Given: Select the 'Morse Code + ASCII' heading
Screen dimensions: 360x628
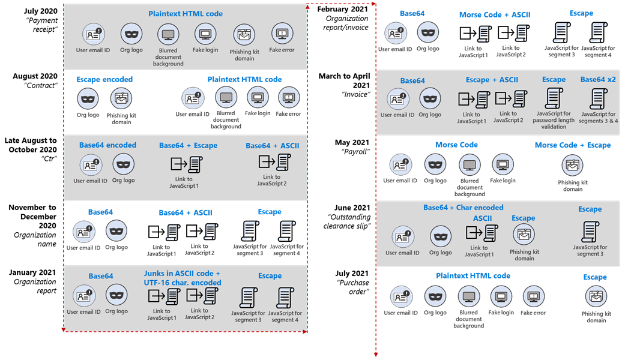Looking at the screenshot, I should pos(494,15).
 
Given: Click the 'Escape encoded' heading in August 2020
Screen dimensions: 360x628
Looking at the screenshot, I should pos(104,79).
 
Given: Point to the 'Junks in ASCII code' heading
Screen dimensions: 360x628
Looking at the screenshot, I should pos(182,274).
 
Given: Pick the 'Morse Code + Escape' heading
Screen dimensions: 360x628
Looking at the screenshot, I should pos(572,145).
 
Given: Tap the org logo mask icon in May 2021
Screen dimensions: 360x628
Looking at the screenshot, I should pos(435,164).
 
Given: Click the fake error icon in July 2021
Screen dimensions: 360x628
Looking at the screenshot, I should pos(533,296).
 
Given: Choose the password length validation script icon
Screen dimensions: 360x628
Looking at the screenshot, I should pos(553,97).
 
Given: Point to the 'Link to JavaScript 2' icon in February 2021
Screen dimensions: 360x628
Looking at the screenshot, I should pos(515,32).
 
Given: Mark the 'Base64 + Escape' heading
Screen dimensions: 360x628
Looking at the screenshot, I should pos(188,145).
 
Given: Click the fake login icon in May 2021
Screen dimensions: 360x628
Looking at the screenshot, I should pos(503,164).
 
